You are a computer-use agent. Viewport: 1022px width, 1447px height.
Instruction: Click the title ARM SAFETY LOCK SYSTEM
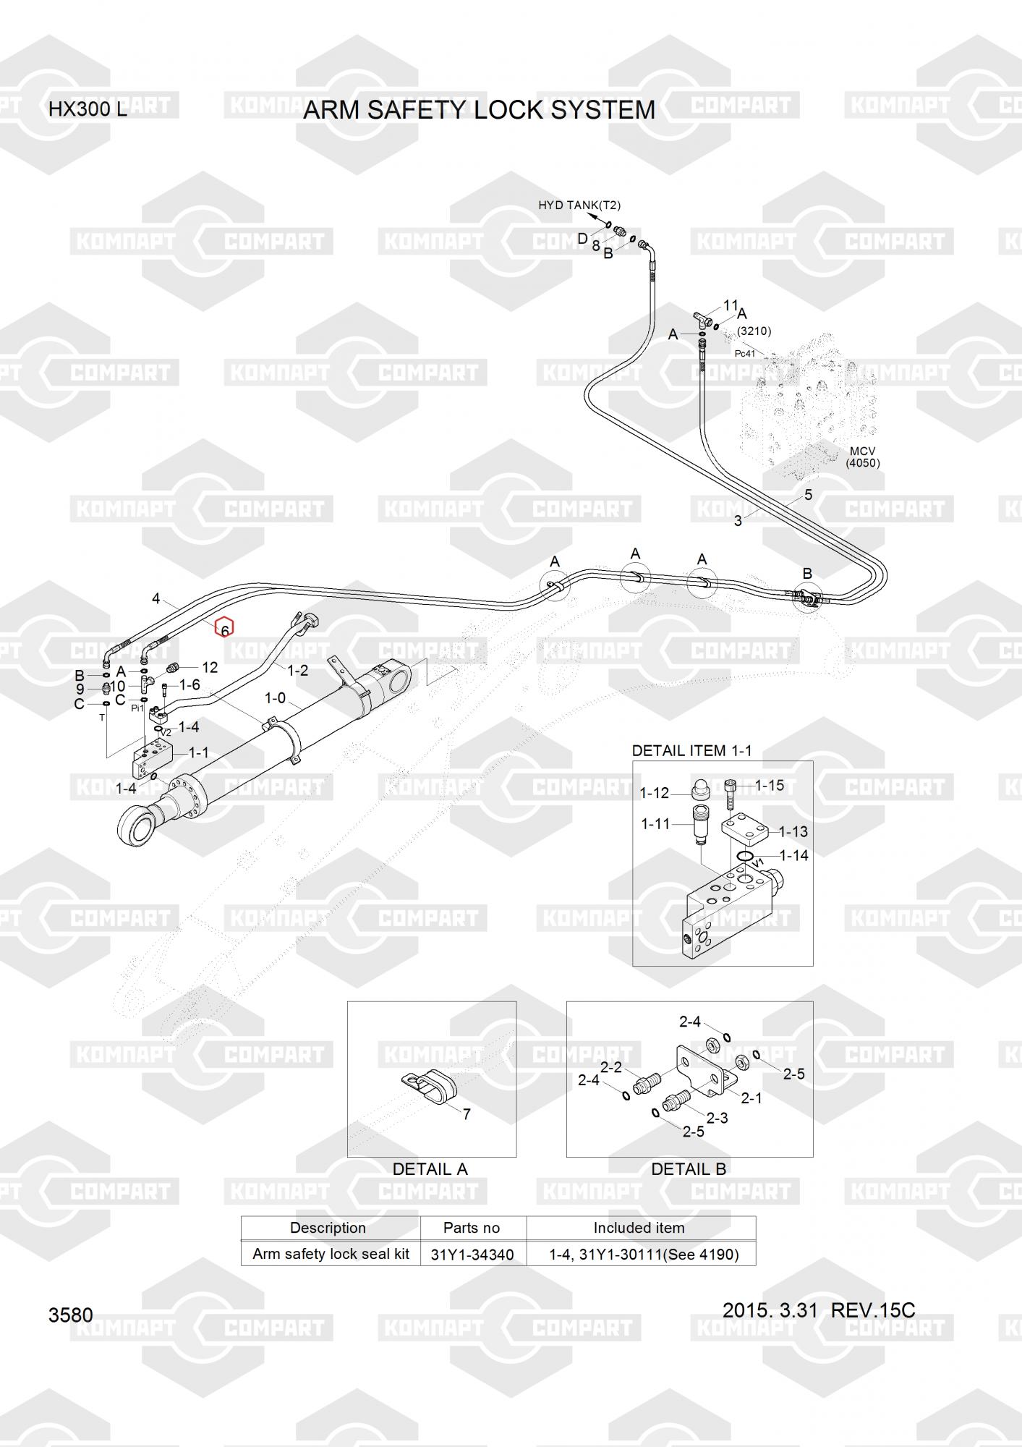[479, 110]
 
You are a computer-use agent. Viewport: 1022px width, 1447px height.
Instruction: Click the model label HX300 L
[87, 110]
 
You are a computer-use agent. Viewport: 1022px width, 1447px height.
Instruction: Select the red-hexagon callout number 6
[224, 629]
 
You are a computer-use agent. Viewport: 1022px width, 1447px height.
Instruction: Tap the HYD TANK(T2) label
[579, 205]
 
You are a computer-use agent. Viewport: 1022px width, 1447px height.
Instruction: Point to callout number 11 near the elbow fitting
[731, 306]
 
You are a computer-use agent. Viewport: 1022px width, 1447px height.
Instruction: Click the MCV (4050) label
[863, 457]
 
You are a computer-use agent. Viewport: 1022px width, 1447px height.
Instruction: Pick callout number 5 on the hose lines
[808, 495]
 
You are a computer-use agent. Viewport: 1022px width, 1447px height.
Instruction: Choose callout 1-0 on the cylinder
[275, 698]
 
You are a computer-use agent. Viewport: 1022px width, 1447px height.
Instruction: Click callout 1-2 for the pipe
[297, 671]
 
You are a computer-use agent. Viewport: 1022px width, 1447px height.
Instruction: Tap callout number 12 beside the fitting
[210, 667]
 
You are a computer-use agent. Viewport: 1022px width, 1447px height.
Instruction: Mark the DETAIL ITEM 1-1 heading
[691, 751]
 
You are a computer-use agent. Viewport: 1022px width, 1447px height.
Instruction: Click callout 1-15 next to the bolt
[770, 786]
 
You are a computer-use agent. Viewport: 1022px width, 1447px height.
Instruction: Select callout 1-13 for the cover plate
[793, 832]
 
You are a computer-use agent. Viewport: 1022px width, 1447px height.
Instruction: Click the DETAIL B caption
[689, 1169]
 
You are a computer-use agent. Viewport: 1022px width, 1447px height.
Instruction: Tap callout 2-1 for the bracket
[751, 1098]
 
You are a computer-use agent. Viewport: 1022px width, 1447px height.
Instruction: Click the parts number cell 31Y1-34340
[472, 1255]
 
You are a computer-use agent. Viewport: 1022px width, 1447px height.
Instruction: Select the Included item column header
[639, 1228]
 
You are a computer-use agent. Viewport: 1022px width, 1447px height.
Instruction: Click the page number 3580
[71, 1315]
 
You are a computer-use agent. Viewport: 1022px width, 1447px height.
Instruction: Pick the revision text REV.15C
[873, 1310]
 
